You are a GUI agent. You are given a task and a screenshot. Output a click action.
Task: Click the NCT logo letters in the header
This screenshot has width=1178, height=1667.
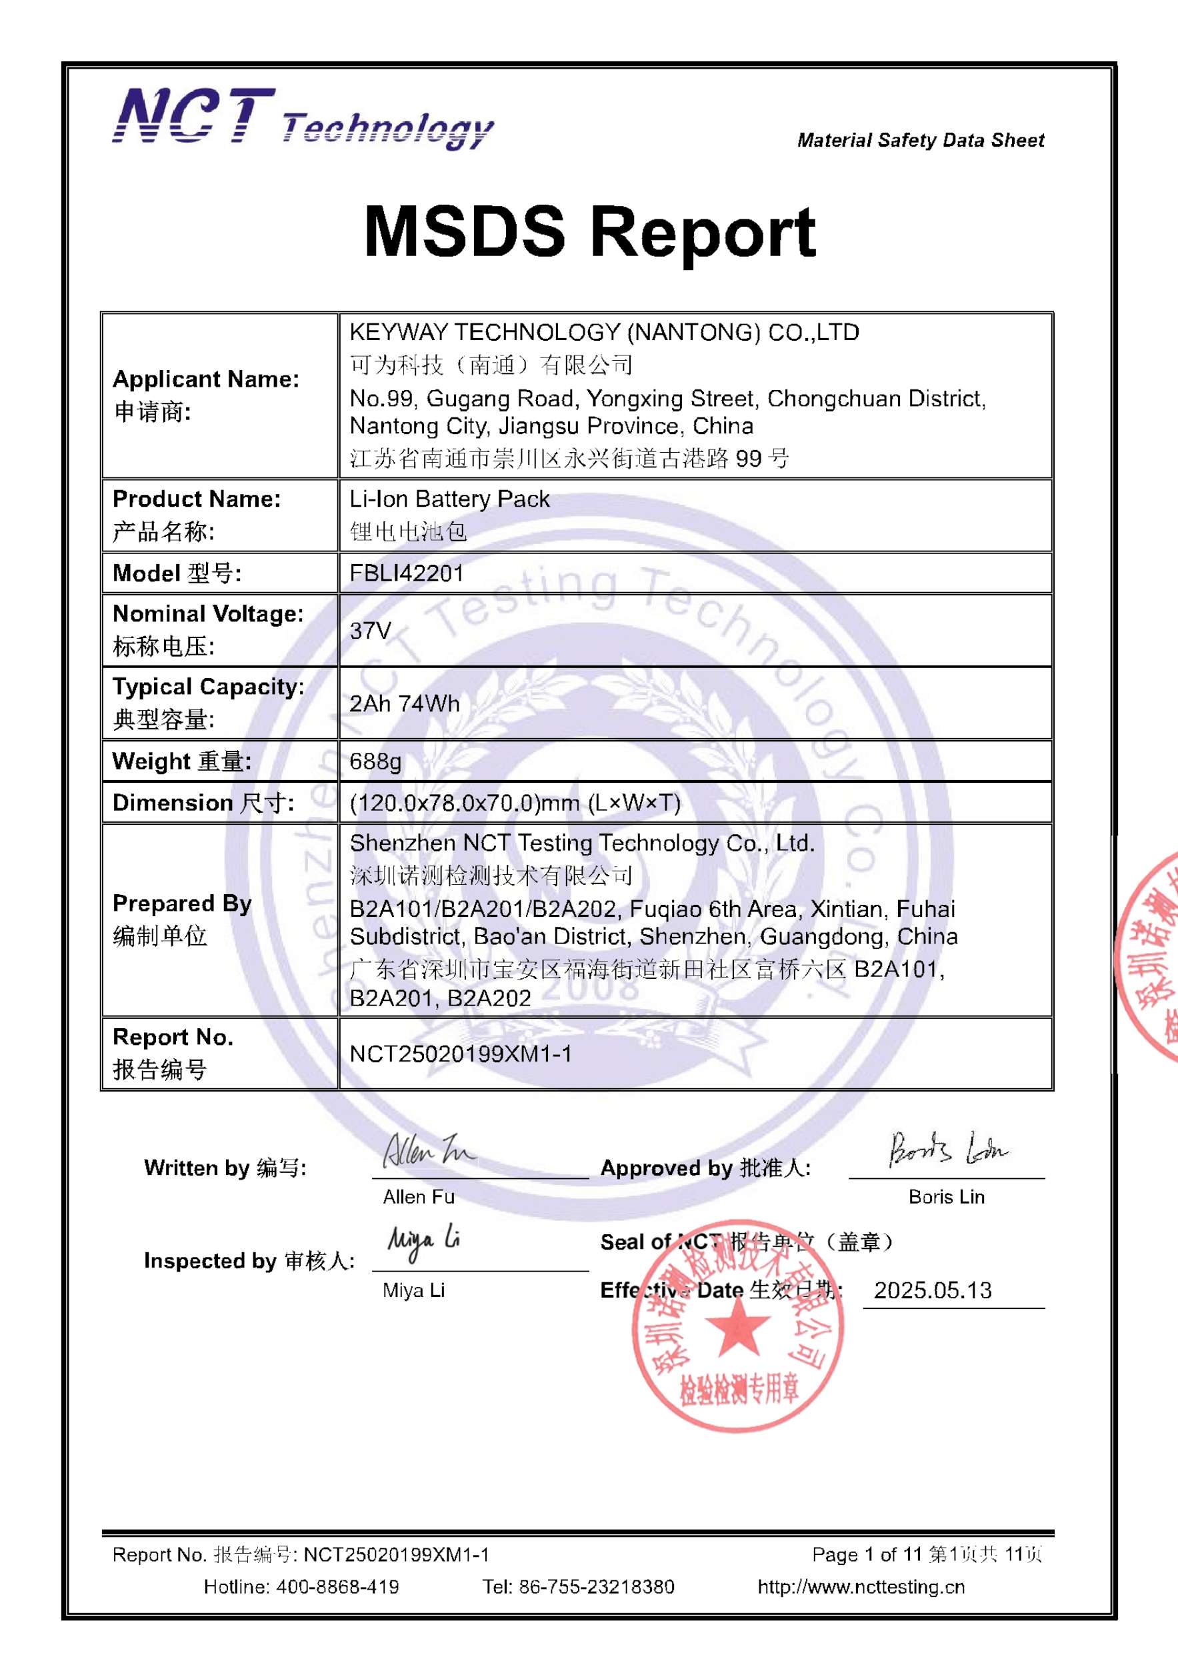[x=194, y=116]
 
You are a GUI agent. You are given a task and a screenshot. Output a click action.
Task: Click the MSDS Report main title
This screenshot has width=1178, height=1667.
[x=589, y=232]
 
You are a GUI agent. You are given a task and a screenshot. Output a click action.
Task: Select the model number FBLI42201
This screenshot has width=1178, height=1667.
[x=407, y=573]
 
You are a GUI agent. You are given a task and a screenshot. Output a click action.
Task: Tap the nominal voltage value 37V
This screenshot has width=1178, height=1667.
[x=370, y=630]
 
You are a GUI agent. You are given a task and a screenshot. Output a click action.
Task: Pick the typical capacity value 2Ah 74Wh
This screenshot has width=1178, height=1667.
[x=404, y=703]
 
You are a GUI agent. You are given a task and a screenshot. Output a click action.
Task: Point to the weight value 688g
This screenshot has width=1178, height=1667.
[x=375, y=761]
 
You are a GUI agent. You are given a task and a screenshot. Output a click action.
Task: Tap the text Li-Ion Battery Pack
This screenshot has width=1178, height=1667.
[x=449, y=499]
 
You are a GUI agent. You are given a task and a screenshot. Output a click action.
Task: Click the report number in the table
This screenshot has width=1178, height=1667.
[x=460, y=1054]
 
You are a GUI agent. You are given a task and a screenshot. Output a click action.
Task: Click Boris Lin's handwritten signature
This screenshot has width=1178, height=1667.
[x=947, y=1150]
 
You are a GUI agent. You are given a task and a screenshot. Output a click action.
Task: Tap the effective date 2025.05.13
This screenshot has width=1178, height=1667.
[x=933, y=1290]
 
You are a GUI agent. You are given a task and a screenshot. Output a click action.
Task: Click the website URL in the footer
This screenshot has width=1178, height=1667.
[x=861, y=1587]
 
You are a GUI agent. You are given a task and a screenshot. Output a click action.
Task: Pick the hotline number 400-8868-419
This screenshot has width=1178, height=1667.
[x=337, y=1587]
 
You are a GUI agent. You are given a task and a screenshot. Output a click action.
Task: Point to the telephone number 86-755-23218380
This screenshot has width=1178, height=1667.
[x=596, y=1587]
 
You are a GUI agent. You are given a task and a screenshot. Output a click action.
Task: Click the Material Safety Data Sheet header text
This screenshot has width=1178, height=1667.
[x=921, y=140]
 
